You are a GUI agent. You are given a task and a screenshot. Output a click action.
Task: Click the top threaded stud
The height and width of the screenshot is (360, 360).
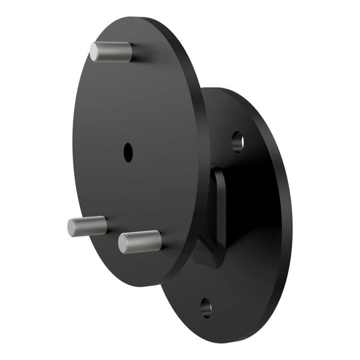(111, 52)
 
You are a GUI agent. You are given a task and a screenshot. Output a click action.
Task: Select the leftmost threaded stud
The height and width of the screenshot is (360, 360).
(87, 226)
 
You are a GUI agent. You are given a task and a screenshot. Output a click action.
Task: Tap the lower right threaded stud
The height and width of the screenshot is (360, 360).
(140, 241)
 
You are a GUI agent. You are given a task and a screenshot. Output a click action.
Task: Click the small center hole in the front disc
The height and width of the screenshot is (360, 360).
(127, 152)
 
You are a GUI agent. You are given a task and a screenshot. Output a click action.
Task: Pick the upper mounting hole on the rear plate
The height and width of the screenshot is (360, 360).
(237, 141)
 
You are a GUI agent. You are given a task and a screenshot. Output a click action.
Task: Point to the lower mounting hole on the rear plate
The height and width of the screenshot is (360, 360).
(206, 308)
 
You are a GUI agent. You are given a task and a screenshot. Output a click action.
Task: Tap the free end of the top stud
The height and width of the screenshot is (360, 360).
(94, 51)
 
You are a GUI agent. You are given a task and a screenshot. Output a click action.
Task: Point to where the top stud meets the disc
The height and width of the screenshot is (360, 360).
(130, 53)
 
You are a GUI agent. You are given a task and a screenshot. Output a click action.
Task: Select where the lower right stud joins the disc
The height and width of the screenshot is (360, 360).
(160, 239)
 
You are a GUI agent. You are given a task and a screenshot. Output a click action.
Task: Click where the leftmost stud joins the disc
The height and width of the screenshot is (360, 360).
(105, 225)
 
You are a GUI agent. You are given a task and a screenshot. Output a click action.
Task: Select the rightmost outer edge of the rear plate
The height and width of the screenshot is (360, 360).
(292, 220)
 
